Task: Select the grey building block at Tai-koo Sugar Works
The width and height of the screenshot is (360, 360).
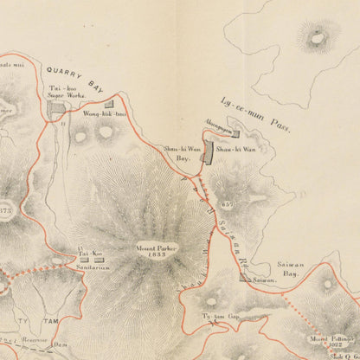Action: coord(57,110)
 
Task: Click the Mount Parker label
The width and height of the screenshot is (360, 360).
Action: coord(156,247)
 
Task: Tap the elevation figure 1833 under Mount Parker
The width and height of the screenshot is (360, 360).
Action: coord(156,255)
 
